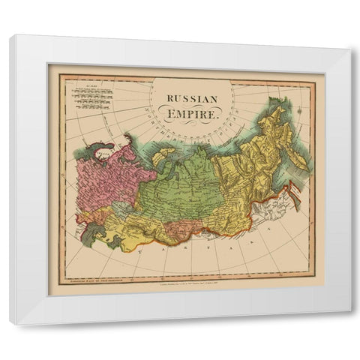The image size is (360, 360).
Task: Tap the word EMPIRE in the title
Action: tap(193, 115)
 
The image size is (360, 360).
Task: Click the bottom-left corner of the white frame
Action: tap(10, 323)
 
